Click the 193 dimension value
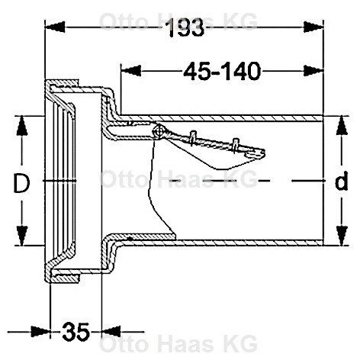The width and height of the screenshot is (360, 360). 185,27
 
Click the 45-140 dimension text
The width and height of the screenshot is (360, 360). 222,71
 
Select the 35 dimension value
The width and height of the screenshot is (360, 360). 76,332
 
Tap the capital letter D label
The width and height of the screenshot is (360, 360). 21,183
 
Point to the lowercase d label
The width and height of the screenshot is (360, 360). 341,181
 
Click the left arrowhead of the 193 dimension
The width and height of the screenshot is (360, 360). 55,27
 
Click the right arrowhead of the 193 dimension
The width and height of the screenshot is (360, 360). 313,27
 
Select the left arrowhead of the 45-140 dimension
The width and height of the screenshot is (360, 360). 130,71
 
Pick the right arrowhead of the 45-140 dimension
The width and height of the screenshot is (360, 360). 313,71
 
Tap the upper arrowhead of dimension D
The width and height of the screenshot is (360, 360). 22,126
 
